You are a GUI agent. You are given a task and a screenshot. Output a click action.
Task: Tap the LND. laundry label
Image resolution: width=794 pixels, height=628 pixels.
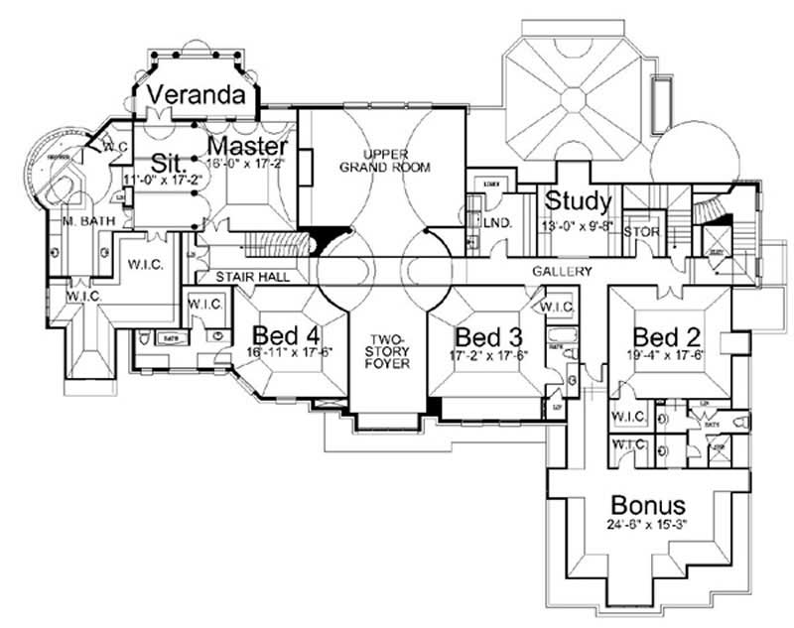[x=496, y=223]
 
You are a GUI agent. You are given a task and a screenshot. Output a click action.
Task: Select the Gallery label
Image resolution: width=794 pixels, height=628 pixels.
[x=562, y=271]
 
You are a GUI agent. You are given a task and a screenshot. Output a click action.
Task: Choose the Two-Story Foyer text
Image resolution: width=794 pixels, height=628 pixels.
[x=387, y=350]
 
